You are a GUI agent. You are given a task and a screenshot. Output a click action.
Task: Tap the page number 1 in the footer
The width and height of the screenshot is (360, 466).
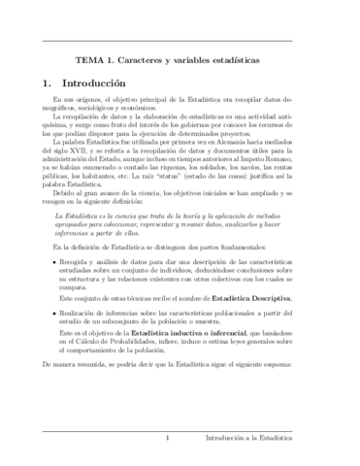[168, 438]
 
